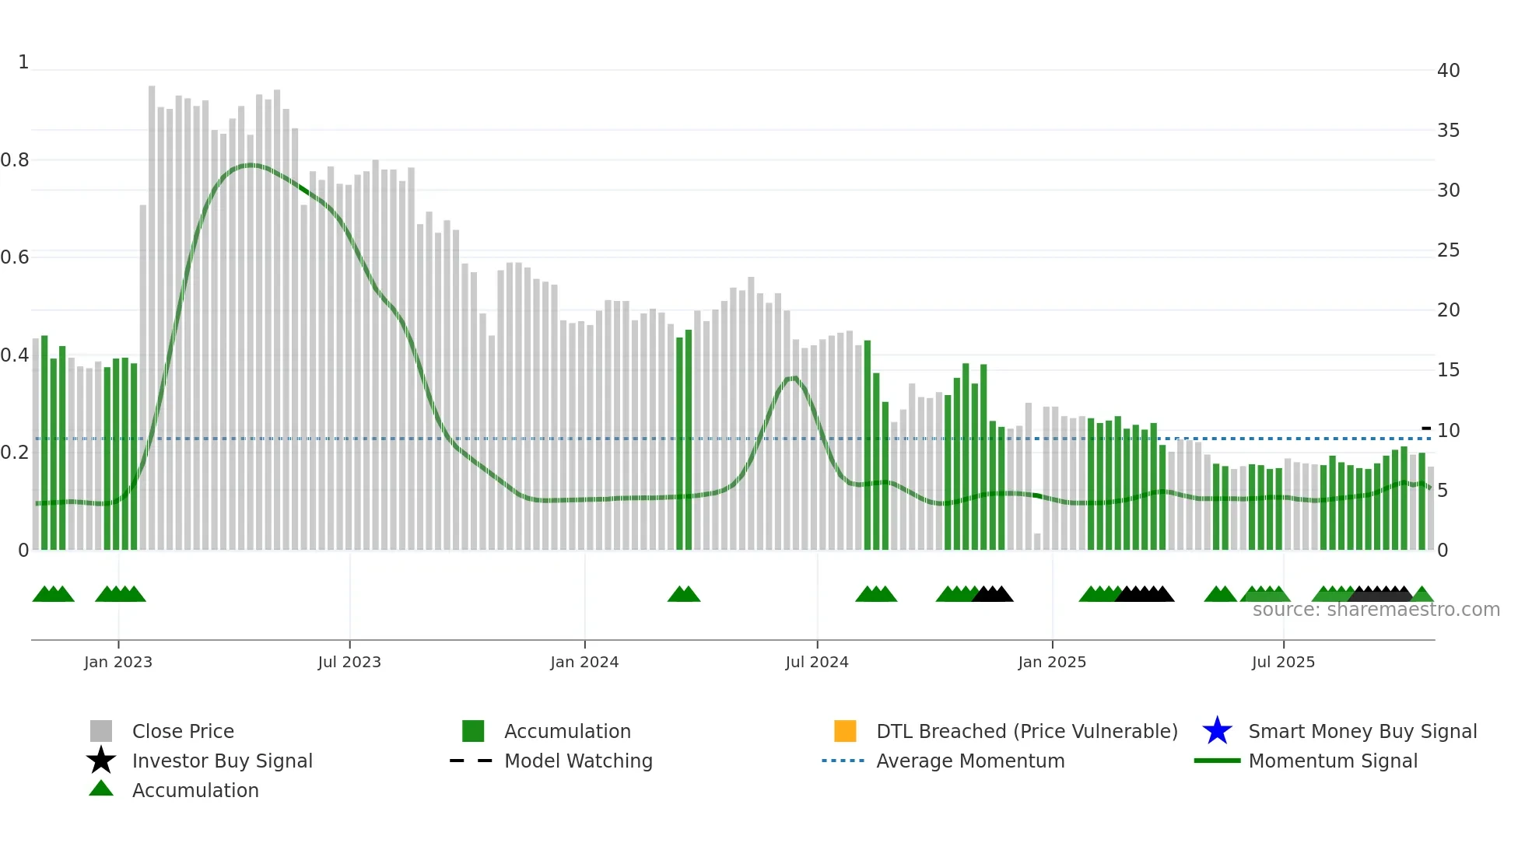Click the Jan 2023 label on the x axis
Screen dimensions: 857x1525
tap(118, 662)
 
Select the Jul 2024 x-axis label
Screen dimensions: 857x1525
tap(816, 662)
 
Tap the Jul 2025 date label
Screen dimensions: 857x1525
tap(1283, 662)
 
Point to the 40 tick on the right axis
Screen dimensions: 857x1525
tap(1448, 71)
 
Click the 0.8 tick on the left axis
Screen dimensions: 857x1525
tap(15, 160)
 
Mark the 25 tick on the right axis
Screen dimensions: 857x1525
tap(1448, 250)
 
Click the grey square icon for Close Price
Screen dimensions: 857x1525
tap(101, 731)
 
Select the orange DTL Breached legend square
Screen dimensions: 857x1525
tap(845, 731)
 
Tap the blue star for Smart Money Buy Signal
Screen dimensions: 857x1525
tap(1217, 731)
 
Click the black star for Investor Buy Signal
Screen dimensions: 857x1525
tap(101, 761)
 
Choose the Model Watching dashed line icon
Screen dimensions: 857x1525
tap(472, 761)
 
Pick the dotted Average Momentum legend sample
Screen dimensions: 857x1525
tap(843, 761)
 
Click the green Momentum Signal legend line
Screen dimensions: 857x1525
tap(1217, 761)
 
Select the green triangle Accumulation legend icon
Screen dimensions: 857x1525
tap(101, 789)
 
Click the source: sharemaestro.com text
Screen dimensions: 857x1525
tap(1376, 610)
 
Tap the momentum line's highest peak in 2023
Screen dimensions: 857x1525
tap(250, 165)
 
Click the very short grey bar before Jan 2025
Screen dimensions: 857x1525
tap(1037, 541)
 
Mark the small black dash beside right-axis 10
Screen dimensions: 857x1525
tap(1426, 428)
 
